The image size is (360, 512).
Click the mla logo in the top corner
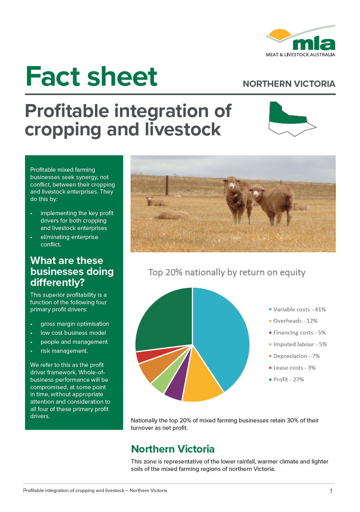(300, 41)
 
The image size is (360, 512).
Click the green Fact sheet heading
(91, 76)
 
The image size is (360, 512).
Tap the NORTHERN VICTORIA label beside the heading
(289, 84)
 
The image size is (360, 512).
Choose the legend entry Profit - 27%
(287, 379)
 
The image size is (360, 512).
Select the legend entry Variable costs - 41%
(297, 309)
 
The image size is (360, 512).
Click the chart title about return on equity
(227, 273)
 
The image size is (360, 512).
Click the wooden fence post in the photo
(167, 185)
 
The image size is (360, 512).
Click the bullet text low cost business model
(73, 333)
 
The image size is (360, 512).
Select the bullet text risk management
(64, 351)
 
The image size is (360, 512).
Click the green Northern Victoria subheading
(173, 449)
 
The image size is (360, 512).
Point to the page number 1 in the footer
(331, 491)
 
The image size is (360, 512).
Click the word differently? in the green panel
(57, 283)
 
